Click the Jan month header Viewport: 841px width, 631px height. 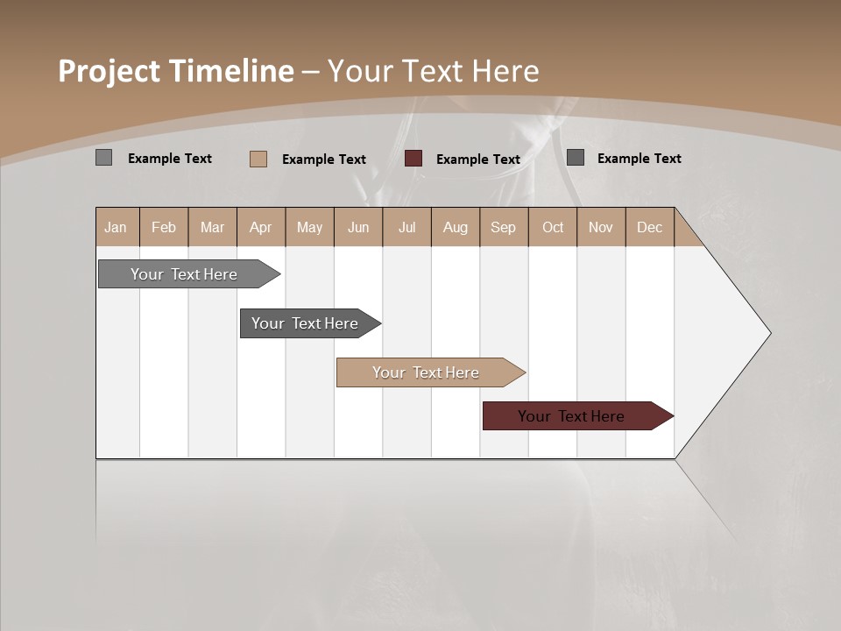(117, 227)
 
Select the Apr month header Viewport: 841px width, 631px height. (261, 227)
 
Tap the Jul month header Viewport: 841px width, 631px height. (406, 227)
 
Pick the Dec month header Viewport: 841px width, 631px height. (649, 227)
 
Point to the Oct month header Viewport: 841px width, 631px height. (552, 227)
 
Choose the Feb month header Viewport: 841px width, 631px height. (164, 227)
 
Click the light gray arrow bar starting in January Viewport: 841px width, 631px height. (184, 274)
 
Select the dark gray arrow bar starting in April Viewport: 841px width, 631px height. (305, 323)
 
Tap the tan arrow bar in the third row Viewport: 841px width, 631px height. (426, 372)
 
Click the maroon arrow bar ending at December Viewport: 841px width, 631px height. (571, 416)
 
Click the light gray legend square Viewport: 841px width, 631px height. (103, 158)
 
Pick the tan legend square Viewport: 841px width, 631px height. (258, 159)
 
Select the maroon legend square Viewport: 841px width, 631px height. (413, 159)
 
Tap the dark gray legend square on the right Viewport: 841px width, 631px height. (576, 158)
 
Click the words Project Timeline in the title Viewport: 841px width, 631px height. (175, 71)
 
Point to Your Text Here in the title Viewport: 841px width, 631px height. (433, 71)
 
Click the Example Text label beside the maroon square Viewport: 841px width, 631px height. (477, 160)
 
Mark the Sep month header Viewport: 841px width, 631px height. (503, 227)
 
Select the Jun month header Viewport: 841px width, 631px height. (358, 227)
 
